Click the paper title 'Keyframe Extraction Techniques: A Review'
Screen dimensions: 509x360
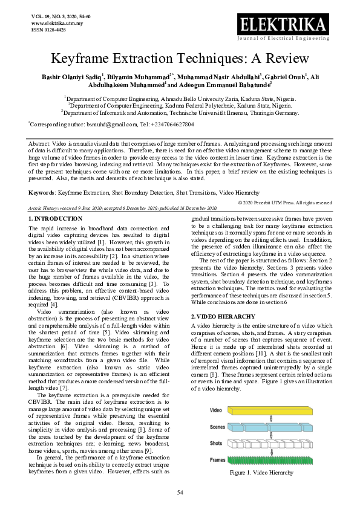tap(180, 59)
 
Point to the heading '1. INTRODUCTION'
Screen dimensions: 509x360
tap(56, 218)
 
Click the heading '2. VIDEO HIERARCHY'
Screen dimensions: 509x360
tap(222, 316)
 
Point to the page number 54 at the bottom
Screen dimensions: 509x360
tap(180, 493)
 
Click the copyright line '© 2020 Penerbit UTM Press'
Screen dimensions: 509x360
tap(285, 202)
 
